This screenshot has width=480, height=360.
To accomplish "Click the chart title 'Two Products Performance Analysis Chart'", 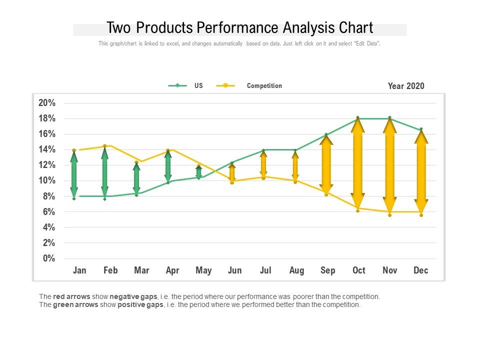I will [240, 27].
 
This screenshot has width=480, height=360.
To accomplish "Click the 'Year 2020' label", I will [405, 86].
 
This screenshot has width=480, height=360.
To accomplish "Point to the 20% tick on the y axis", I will [46, 103].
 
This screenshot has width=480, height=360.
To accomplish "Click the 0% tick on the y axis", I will [48, 258].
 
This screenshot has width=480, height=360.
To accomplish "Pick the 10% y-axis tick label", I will [46, 180].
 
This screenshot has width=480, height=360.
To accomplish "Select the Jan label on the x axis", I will [79, 270].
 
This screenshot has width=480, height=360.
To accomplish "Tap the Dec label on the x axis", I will [421, 270].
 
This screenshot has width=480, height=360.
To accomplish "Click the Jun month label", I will [234, 270].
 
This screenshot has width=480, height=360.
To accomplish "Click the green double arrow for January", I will [74, 174].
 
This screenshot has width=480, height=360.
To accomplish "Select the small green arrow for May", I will [199, 172].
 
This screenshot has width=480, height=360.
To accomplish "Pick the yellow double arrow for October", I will [358, 162].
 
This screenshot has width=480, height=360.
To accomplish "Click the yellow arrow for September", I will [326, 164].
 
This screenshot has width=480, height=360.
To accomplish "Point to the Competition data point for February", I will [104, 146].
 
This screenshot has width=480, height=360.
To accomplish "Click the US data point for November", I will [389, 118].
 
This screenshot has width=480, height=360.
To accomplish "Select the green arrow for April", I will [168, 166].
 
